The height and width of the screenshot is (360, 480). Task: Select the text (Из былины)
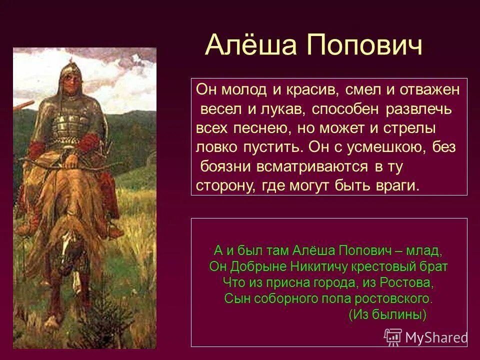(387, 315)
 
